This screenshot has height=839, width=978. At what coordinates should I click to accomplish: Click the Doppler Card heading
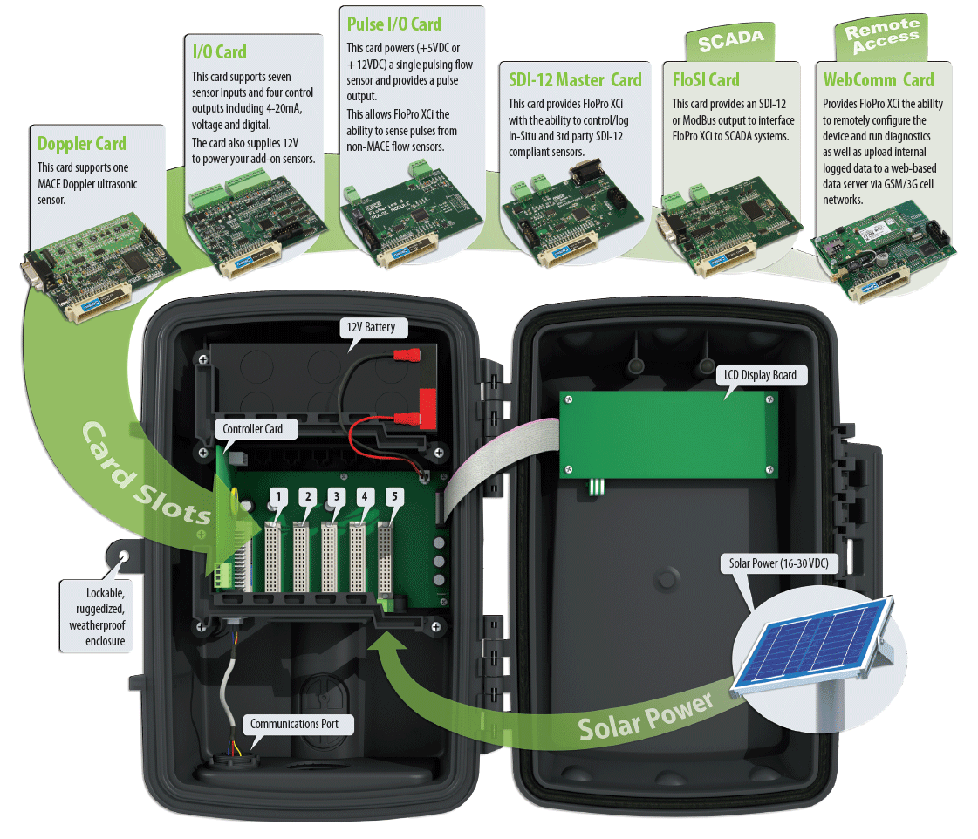coord(82,144)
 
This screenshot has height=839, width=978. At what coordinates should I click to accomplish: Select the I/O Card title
coord(219,51)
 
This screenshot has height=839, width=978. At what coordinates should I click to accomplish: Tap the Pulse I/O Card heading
coord(393,24)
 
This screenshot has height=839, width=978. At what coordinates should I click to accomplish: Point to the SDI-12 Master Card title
coord(575,80)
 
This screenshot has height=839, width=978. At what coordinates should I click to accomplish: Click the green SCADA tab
coord(730,41)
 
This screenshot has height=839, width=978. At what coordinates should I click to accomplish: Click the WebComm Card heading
coord(879,80)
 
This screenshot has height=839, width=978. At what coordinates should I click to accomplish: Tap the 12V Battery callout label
coord(371,327)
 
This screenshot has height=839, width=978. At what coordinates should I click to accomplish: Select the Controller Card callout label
coord(253,429)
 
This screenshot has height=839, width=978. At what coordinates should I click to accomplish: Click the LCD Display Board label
coord(760,375)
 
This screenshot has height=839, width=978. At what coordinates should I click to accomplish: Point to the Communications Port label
coord(294,724)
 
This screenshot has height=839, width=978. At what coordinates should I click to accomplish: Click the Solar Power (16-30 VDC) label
coord(779,563)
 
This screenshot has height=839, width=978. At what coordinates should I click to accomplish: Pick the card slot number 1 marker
coord(278,497)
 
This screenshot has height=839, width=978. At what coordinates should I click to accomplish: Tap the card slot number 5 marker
coord(394,497)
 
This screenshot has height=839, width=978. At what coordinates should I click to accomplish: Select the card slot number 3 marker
coord(336,497)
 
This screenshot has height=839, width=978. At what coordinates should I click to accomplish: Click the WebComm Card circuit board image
coord(883,250)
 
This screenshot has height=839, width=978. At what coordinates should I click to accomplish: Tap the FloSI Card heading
coord(706,80)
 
